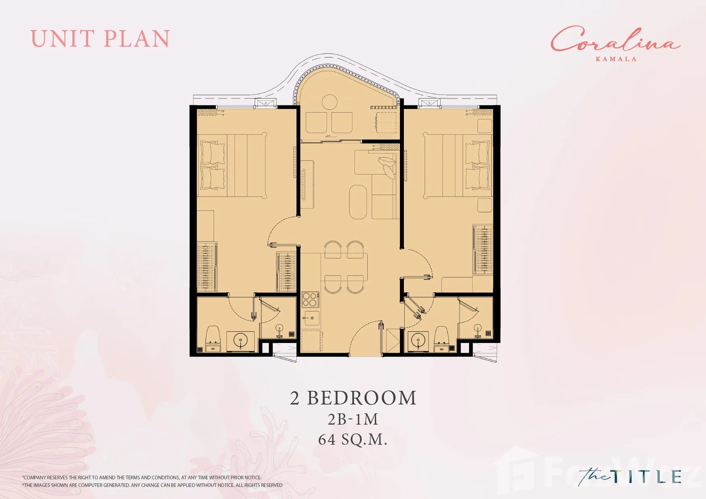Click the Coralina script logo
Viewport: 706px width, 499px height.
[615, 39]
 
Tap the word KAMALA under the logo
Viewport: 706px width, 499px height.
[616, 59]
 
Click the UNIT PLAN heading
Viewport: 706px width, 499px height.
[100, 39]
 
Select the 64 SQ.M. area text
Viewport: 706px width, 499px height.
[352, 439]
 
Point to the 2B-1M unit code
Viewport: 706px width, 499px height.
[353, 419]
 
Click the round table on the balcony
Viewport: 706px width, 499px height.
[330, 102]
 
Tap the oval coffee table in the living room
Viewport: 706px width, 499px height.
[358, 202]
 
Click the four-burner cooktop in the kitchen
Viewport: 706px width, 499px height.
[310, 300]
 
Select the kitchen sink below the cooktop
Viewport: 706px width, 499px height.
[311, 318]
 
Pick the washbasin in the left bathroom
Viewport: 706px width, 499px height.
[241, 341]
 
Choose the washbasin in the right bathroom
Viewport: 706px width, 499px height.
[418, 341]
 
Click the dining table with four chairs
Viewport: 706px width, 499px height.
[344, 267]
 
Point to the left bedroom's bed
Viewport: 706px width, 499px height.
[232, 166]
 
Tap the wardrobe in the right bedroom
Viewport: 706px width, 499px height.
[483, 249]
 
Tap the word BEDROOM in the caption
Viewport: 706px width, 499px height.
[362, 398]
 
